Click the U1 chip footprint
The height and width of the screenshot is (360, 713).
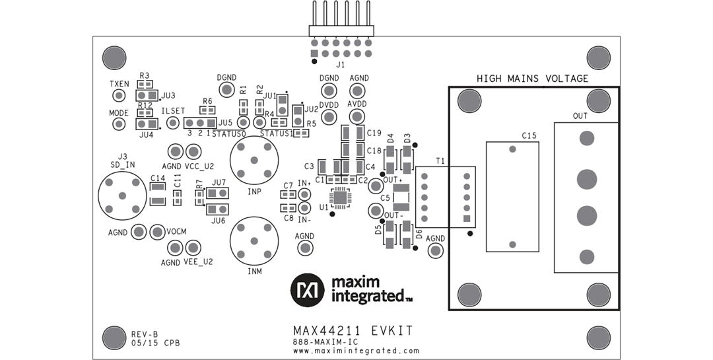(x=340, y=196)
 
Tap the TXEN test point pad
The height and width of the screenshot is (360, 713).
(x=119, y=96)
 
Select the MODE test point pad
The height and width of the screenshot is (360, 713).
(x=119, y=124)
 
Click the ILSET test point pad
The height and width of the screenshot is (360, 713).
(x=173, y=123)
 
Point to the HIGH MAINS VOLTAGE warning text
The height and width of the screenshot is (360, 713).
(x=532, y=79)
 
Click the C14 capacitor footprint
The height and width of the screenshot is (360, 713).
(x=158, y=194)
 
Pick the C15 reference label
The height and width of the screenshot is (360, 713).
(x=529, y=135)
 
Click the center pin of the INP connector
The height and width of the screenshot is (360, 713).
(x=254, y=161)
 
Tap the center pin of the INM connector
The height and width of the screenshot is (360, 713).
(x=254, y=241)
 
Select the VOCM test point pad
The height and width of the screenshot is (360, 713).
(x=157, y=232)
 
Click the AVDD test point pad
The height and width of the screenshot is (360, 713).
(x=357, y=117)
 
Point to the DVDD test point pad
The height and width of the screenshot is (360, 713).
(x=329, y=117)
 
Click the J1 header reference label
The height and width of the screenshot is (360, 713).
(x=341, y=65)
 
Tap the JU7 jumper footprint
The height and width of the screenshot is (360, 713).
(x=217, y=193)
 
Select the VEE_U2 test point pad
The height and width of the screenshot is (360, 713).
(x=193, y=248)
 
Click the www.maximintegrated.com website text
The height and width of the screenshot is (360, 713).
(x=356, y=351)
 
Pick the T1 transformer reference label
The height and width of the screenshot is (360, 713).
(x=440, y=161)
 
